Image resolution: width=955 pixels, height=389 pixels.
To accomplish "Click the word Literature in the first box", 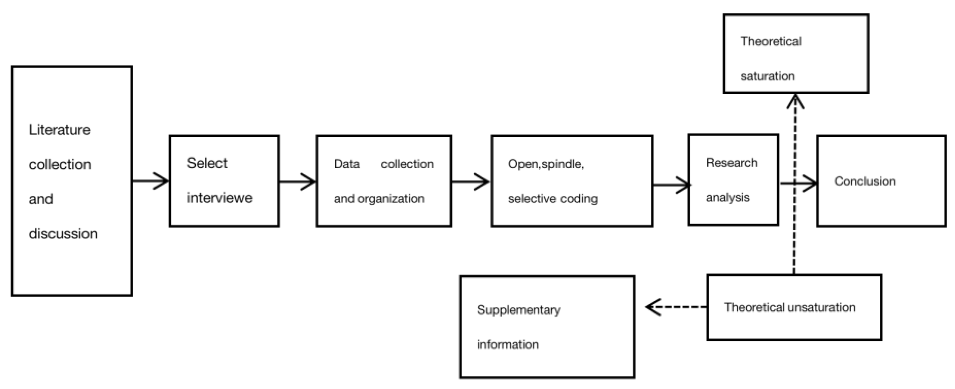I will coord(59,130).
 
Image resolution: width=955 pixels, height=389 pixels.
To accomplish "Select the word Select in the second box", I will coord(207,163).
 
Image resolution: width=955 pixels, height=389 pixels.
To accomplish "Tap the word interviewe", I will coord(219,198).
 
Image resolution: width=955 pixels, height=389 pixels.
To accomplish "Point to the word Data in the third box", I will coord(347,164).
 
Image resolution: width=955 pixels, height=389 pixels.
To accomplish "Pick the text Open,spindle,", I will coord(546,164).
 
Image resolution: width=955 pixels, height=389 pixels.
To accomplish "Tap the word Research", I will coord(732,163).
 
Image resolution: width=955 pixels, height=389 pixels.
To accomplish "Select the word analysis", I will coord(727,198).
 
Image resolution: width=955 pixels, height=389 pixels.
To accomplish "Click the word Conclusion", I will coord(865,181).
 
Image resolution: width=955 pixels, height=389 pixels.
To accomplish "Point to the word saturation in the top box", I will coord(768,76).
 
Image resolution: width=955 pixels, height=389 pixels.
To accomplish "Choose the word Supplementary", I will coord(519,310).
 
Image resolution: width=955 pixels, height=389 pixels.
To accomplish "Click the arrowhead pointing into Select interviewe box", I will coord(162,181).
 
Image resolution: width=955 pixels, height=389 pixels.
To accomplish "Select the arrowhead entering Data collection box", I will coord(309,182).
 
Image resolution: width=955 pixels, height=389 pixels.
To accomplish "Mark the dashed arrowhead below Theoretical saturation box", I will coord(795,101).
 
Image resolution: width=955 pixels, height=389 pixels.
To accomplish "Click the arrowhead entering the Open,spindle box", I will coord(483,182).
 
